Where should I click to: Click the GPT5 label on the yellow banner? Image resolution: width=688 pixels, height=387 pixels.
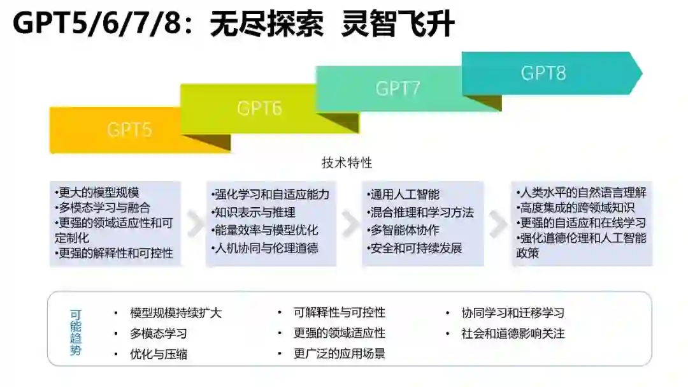point(129,130)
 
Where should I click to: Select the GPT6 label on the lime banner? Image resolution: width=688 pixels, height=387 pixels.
point(259,108)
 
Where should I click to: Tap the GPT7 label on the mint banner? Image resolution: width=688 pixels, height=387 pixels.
point(398,89)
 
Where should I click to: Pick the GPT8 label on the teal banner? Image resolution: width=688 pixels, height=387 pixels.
point(543,73)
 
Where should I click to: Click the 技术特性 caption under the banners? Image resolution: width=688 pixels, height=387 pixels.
point(347,163)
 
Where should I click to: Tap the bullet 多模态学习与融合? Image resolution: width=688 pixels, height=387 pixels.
point(102,208)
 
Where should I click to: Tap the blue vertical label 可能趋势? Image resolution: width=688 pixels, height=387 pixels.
point(76,332)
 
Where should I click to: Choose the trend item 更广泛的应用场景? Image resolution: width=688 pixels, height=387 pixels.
point(339,353)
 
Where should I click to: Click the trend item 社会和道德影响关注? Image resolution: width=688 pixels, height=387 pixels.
point(513,333)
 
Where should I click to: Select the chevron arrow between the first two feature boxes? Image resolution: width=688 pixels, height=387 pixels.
point(196,223)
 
